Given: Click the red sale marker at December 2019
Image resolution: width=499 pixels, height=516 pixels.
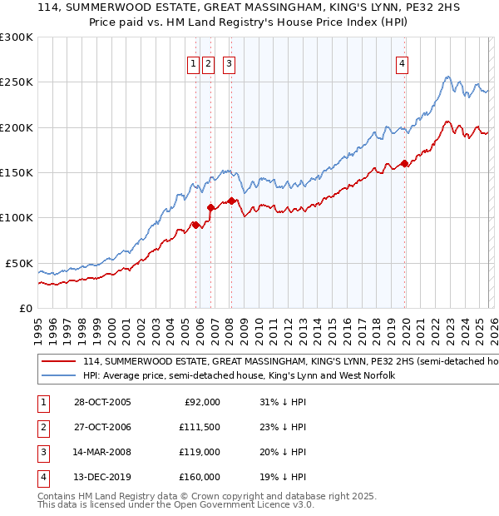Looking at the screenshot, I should click(x=405, y=163).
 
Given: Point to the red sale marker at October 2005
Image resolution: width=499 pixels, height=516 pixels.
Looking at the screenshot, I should click(x=196, y=225).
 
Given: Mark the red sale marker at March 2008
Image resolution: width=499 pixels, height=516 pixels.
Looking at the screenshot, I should click(x=230, y=200).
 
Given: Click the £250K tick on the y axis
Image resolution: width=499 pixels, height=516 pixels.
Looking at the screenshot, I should click(x=17, y=82).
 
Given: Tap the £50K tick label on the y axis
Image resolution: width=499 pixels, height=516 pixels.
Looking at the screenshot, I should click(x=19, y=263).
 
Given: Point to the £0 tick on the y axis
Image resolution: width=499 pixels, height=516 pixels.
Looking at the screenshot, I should click(x=25, y=308).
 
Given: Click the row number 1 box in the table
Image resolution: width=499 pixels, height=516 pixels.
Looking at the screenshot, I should click(x=41, y=402).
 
